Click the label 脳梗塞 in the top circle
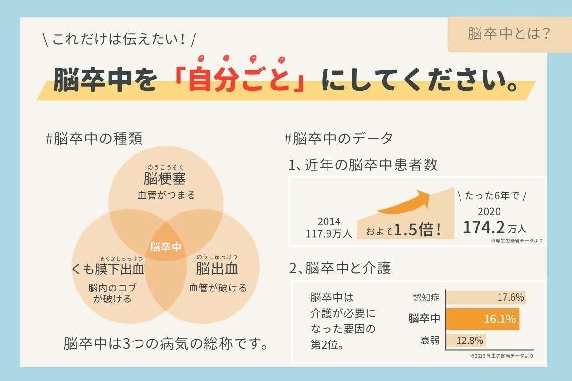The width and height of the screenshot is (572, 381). point(165,180)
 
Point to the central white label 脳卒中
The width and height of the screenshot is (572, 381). point(165,247)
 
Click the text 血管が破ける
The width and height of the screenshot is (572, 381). point(218,288)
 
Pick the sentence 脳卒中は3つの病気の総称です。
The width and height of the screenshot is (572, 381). point(165,343)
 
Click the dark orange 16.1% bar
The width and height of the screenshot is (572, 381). point(482,319)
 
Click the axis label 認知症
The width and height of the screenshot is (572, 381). point(426,298)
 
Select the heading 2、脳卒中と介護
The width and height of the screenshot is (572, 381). point(340,268)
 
